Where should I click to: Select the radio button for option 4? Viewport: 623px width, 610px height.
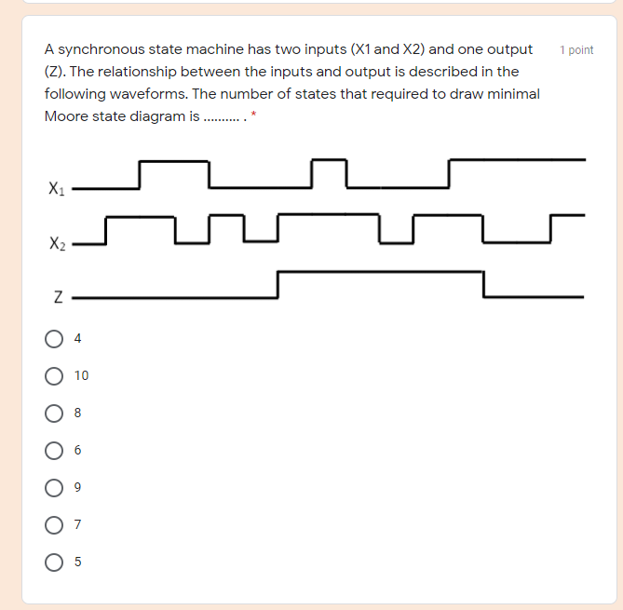tap(54, 338)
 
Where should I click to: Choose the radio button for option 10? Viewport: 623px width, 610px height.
tap(54, 375)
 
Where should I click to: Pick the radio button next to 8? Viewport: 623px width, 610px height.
tap(54, 413)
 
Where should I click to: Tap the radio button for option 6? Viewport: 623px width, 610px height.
tap(54, 450)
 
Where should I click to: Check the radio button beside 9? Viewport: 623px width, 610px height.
tap(54, 487)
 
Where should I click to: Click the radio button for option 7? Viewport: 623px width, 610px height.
tap(54, 524)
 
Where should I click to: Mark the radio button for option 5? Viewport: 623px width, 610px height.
tap(54, 562)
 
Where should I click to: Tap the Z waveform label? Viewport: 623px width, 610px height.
tap(57, 298)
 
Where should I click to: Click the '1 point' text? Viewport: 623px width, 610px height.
tap(576, 50)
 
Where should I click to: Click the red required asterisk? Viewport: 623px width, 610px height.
tap(254, 115)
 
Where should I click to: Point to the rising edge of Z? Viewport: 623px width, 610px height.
tap(278, 285)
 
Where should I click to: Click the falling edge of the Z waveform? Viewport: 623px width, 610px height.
tap(483, 285)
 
